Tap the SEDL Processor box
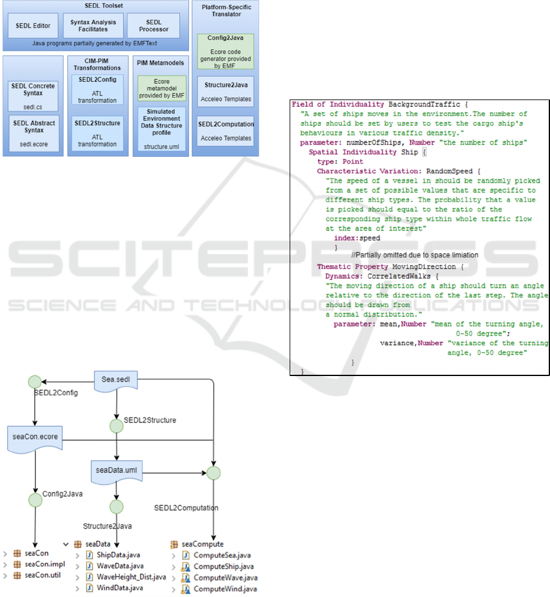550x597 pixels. [x=153, y=26]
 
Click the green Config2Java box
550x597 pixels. [x=226, y=51]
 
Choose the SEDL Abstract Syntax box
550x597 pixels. [x=34, y=133]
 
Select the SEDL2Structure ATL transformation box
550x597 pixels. [x=98, y=133]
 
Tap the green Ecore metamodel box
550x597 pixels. [x=162, y=88]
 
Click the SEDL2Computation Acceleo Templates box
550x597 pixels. [x=226, y=131]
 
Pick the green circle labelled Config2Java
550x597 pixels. [x=35, y=500]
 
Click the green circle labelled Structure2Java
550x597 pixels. [x=116, y=507]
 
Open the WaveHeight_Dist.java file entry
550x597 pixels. [x=130, y=576]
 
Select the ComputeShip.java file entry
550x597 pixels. [x=224, y=566]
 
